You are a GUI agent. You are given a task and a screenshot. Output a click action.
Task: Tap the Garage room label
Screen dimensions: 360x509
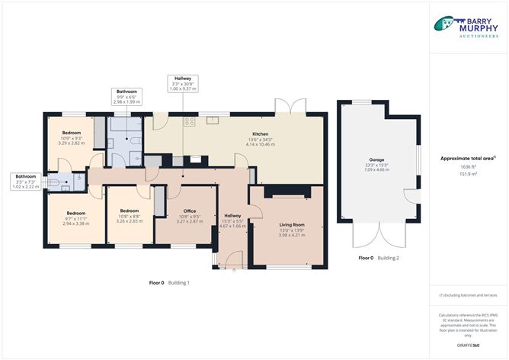click(x=379, y=165)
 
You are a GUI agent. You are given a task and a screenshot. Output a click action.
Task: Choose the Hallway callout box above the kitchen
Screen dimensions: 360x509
click(x=181, y=84)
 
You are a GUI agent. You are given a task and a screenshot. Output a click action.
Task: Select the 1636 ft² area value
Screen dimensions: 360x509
click(x=467, y=166)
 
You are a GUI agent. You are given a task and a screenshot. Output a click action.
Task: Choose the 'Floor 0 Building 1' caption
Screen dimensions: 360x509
click(x=169, y=283)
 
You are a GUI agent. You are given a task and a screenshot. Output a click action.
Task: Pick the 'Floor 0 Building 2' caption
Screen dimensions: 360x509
click(x=379, y=259)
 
